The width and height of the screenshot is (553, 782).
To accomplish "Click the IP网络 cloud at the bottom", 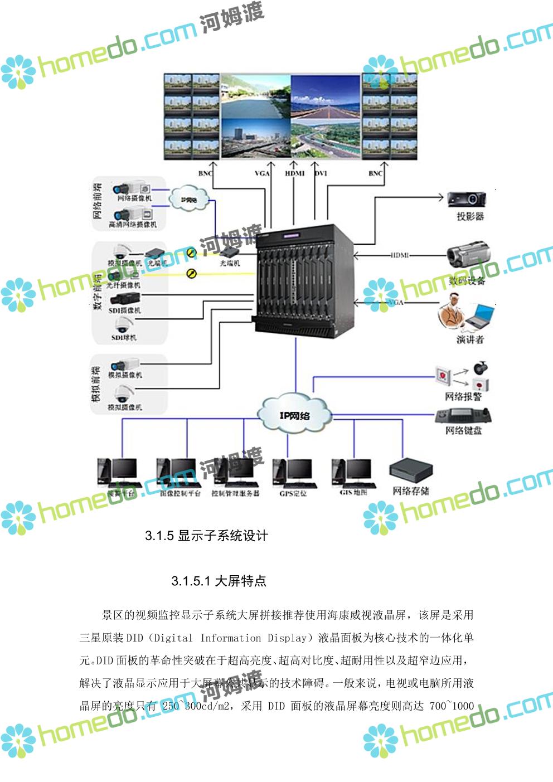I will point(294,415).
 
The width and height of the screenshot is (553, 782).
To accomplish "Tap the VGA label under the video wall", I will point(262,173).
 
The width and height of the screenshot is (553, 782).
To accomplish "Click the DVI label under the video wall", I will point(321,173).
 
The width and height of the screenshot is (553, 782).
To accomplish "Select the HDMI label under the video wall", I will point(295,173).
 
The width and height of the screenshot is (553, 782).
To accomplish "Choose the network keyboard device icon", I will point(463,415).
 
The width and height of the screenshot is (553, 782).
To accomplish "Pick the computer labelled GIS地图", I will point(352,474).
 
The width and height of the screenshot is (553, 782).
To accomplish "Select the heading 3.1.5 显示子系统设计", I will point(207,536).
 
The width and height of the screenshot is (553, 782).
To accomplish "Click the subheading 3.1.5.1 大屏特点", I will point(219,581).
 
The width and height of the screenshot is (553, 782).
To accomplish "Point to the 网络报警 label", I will point(463,397).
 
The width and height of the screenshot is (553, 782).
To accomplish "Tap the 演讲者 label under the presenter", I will point(470,339).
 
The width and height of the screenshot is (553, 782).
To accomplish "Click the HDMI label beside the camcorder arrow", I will point(400,255).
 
